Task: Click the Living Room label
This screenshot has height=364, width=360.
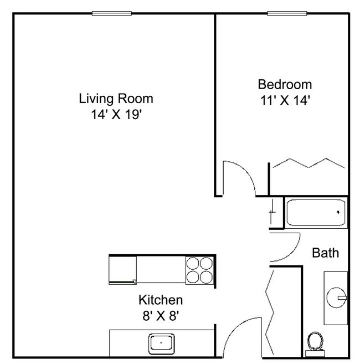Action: click(116, 99)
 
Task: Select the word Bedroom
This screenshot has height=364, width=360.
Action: click(285, 85)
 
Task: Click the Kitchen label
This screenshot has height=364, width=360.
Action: click(160, 300)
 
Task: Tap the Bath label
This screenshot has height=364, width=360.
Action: click(325, 253)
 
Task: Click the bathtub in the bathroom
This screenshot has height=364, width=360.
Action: click(316, 212)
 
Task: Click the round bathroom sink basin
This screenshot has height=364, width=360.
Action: click(336, 298)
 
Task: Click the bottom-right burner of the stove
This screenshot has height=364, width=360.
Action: click(207, 276)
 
